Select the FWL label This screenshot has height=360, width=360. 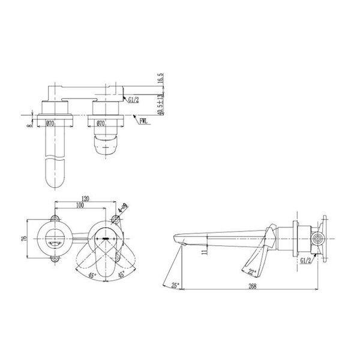[145, 121]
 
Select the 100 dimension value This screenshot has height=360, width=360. [80, 205]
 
